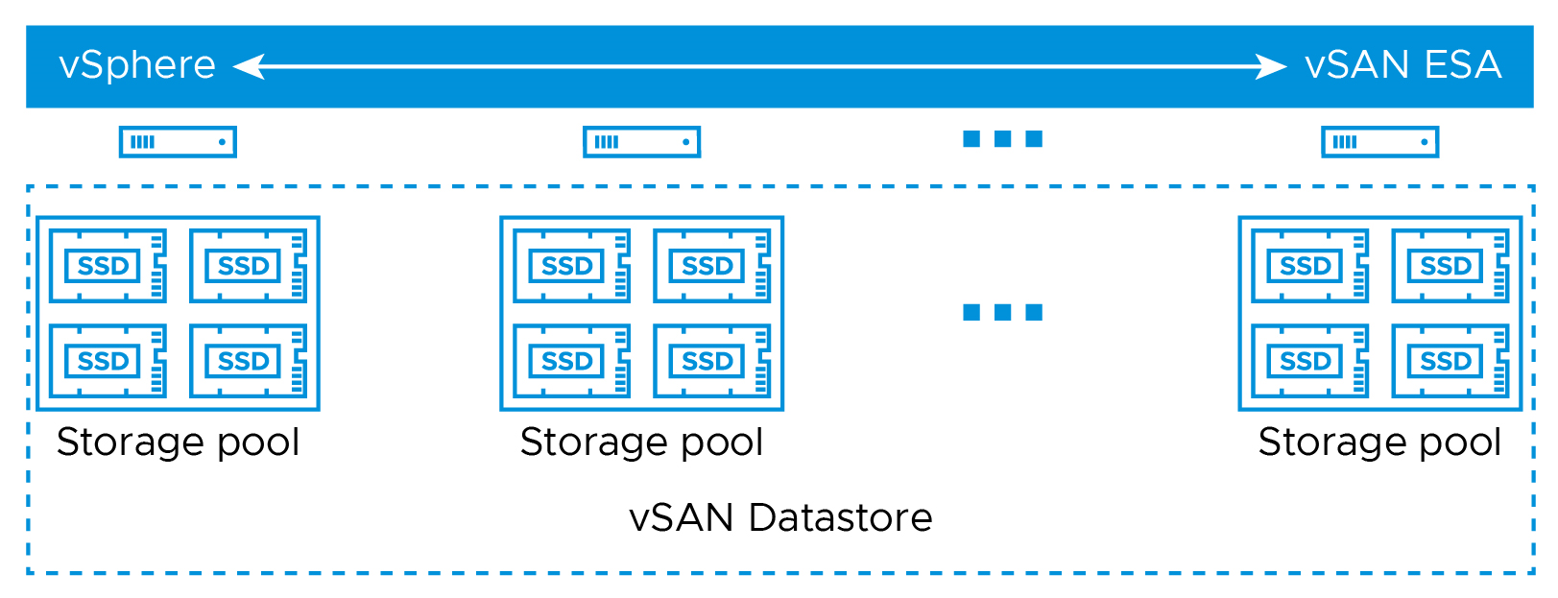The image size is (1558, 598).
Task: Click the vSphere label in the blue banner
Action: tap(137, 66)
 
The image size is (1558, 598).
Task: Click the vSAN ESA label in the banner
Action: tap(1402, 65)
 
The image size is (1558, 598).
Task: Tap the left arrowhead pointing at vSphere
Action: tap(249, 67)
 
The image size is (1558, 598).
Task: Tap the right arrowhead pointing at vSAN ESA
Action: tap(1271, 67)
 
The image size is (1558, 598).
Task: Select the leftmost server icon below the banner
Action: tap(178, 142)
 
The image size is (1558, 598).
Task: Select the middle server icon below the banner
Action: tap(641, 142)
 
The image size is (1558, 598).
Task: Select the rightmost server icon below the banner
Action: tap(1380, 142)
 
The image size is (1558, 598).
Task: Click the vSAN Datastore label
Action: tap(780, 517)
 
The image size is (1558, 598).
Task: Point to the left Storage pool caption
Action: tap(178, 443)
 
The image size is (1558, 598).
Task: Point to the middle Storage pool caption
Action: tap(641, 443)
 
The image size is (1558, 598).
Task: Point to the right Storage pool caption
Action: tap(1380, 443)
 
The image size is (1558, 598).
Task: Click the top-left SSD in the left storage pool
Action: tap(108, 266)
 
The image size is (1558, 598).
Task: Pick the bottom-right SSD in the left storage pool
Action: tap(249, 361)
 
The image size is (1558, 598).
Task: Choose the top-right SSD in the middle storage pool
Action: tap(712, 266)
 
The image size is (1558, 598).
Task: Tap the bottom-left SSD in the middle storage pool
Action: tap(572, 361)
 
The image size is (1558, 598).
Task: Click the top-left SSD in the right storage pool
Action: tap(1310, 266)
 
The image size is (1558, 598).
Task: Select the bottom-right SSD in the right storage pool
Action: tap(1450, 361)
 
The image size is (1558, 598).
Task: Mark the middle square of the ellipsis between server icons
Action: tap(1003, 139)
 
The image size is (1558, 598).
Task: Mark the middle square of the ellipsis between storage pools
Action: tap(1003, 312)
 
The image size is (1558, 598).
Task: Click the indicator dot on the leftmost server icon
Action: tap(222, 142)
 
